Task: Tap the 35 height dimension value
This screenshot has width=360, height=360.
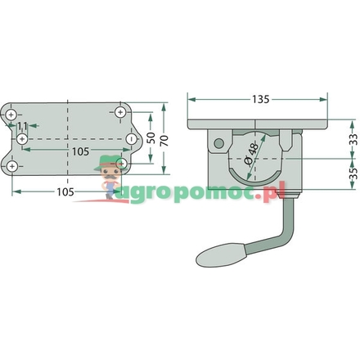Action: coord(351,174)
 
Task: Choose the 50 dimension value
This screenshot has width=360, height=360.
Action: coord(150,140)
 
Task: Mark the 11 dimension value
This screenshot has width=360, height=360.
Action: coord(22,126)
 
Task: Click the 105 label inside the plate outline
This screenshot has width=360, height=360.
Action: coord(79,152)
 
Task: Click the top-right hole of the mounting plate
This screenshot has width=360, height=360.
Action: coord(121,112)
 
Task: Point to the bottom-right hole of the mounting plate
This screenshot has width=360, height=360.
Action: coord(121,163)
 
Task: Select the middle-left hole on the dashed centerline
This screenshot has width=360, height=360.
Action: coord(23,140)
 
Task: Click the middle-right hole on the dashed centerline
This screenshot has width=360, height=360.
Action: coord(131,140)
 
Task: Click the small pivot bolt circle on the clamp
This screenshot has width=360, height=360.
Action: coord(218,143)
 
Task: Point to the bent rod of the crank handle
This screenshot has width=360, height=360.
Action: coord(278,233)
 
